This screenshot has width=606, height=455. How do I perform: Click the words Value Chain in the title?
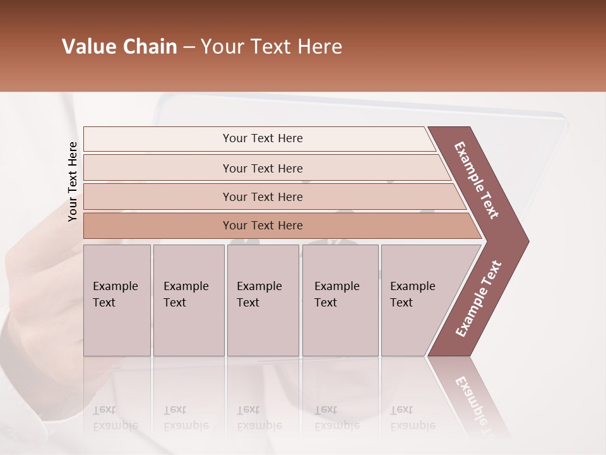pyautogui.click(x=119, y=47)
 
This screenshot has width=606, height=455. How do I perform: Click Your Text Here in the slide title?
pyautogui.click(x=271, y=47)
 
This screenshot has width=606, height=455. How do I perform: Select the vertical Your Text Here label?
pyautogui.click(x=73, y=181)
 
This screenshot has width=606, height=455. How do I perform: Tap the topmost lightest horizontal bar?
pyautogui.click(x=262, y=138)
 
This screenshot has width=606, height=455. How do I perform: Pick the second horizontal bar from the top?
pyautogui.click(x=262, y=168)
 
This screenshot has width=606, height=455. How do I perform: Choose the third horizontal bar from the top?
pyautogui.click(x=262, y=197)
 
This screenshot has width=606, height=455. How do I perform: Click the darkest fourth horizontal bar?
pyautogui.click(x=262, y=226)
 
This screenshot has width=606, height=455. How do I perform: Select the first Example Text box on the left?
pyautogui.click(x=117, y=300)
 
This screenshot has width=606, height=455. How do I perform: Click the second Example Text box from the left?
pyautogui.click(x=189, y=300)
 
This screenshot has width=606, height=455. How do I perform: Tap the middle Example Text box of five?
pyautogui.click(x=263, y=300)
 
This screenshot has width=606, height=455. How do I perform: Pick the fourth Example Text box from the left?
pyautogui.click(x=340, y=300)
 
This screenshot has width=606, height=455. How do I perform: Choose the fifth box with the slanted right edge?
pyautogui.click(x=420, y=300)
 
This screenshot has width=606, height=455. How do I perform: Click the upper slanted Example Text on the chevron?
pyautogui.click(x=477, y=180)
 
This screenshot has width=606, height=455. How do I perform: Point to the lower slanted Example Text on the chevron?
pyautogui.click(x=478, y=299)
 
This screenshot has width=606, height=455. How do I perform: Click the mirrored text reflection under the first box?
pyautogui.click(x=116, y=418)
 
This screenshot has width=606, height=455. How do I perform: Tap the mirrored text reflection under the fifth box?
pyautogui.click(x=413, y=418)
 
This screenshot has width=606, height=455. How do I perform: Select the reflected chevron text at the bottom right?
pyautogui.click(x=473, y=398)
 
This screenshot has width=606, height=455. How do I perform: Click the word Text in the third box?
pyautogui.click(x=248, y=303)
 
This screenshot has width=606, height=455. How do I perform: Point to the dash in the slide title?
pyautogui.click(x=189, y=47)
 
